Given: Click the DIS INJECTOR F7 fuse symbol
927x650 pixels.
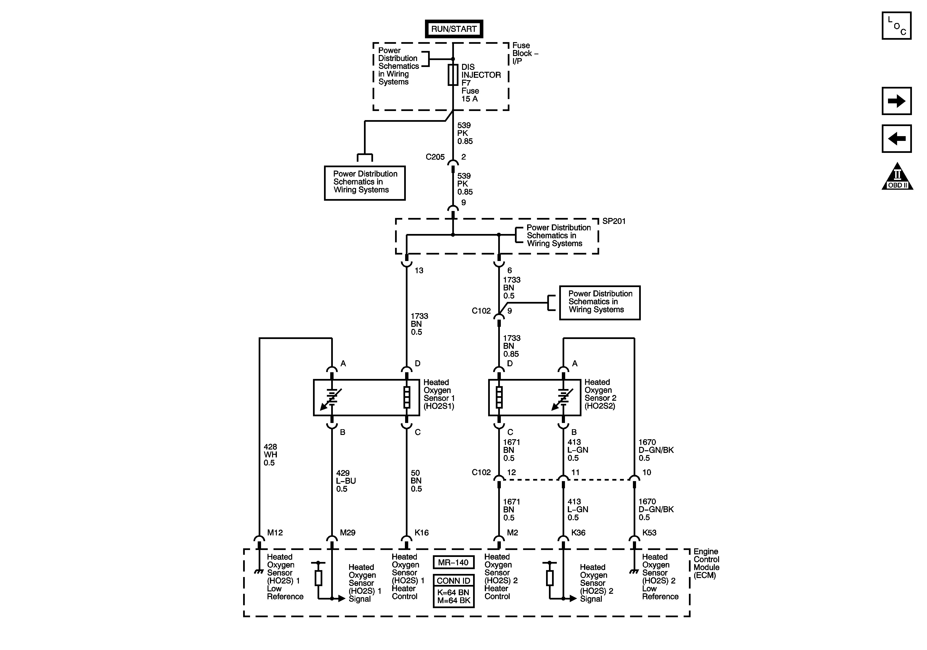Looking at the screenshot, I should pos(453,75).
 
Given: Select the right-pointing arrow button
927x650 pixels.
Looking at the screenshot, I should pos(896,101).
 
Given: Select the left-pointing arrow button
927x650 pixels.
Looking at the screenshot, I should pos(896,139).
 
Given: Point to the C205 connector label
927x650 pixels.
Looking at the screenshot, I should pos(435,157).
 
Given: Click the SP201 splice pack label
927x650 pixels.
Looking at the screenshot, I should pos(614,221).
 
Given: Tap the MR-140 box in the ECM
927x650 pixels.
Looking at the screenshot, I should pos(453,562).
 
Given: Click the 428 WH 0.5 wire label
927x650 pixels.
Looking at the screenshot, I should pos(270,455).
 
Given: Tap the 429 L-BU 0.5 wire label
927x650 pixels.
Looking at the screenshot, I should pos(346,481).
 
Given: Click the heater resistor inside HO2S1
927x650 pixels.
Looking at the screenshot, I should pos(407,397).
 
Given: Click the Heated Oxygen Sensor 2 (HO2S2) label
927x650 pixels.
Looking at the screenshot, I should pos(600,394).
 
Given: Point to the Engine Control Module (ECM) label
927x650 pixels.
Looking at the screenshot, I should pos(706,563).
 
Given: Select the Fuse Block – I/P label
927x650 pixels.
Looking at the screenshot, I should pos(525,53).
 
